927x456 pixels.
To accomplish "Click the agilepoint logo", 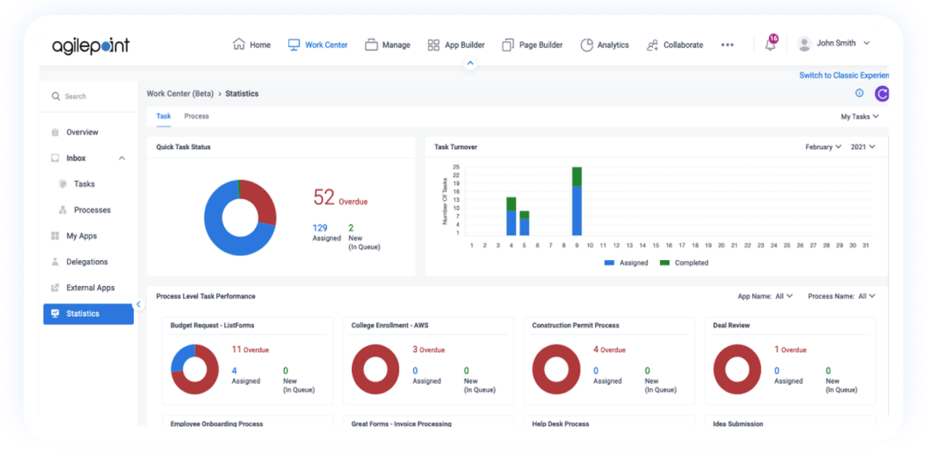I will (90, 46).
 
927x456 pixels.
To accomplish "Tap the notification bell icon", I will (771, 45).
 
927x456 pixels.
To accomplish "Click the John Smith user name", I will (836, 43).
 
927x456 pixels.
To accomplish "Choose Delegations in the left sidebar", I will (87, 262).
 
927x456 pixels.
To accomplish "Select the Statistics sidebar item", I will (82, 313).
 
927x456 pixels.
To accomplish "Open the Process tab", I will (197, 116).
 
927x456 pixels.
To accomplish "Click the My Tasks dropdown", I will (859, 117).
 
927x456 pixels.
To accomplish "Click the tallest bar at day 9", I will (577, 202).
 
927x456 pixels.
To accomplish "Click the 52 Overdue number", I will (324, 198).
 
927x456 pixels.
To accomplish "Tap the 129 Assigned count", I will (319, 228).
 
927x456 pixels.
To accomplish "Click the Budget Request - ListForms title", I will (212, 325).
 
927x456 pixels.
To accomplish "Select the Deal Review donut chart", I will (739, 369).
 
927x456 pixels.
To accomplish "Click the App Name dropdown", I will (765, 296).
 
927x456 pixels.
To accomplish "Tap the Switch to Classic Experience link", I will (844, 76).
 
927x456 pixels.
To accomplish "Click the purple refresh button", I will (882, 94).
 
